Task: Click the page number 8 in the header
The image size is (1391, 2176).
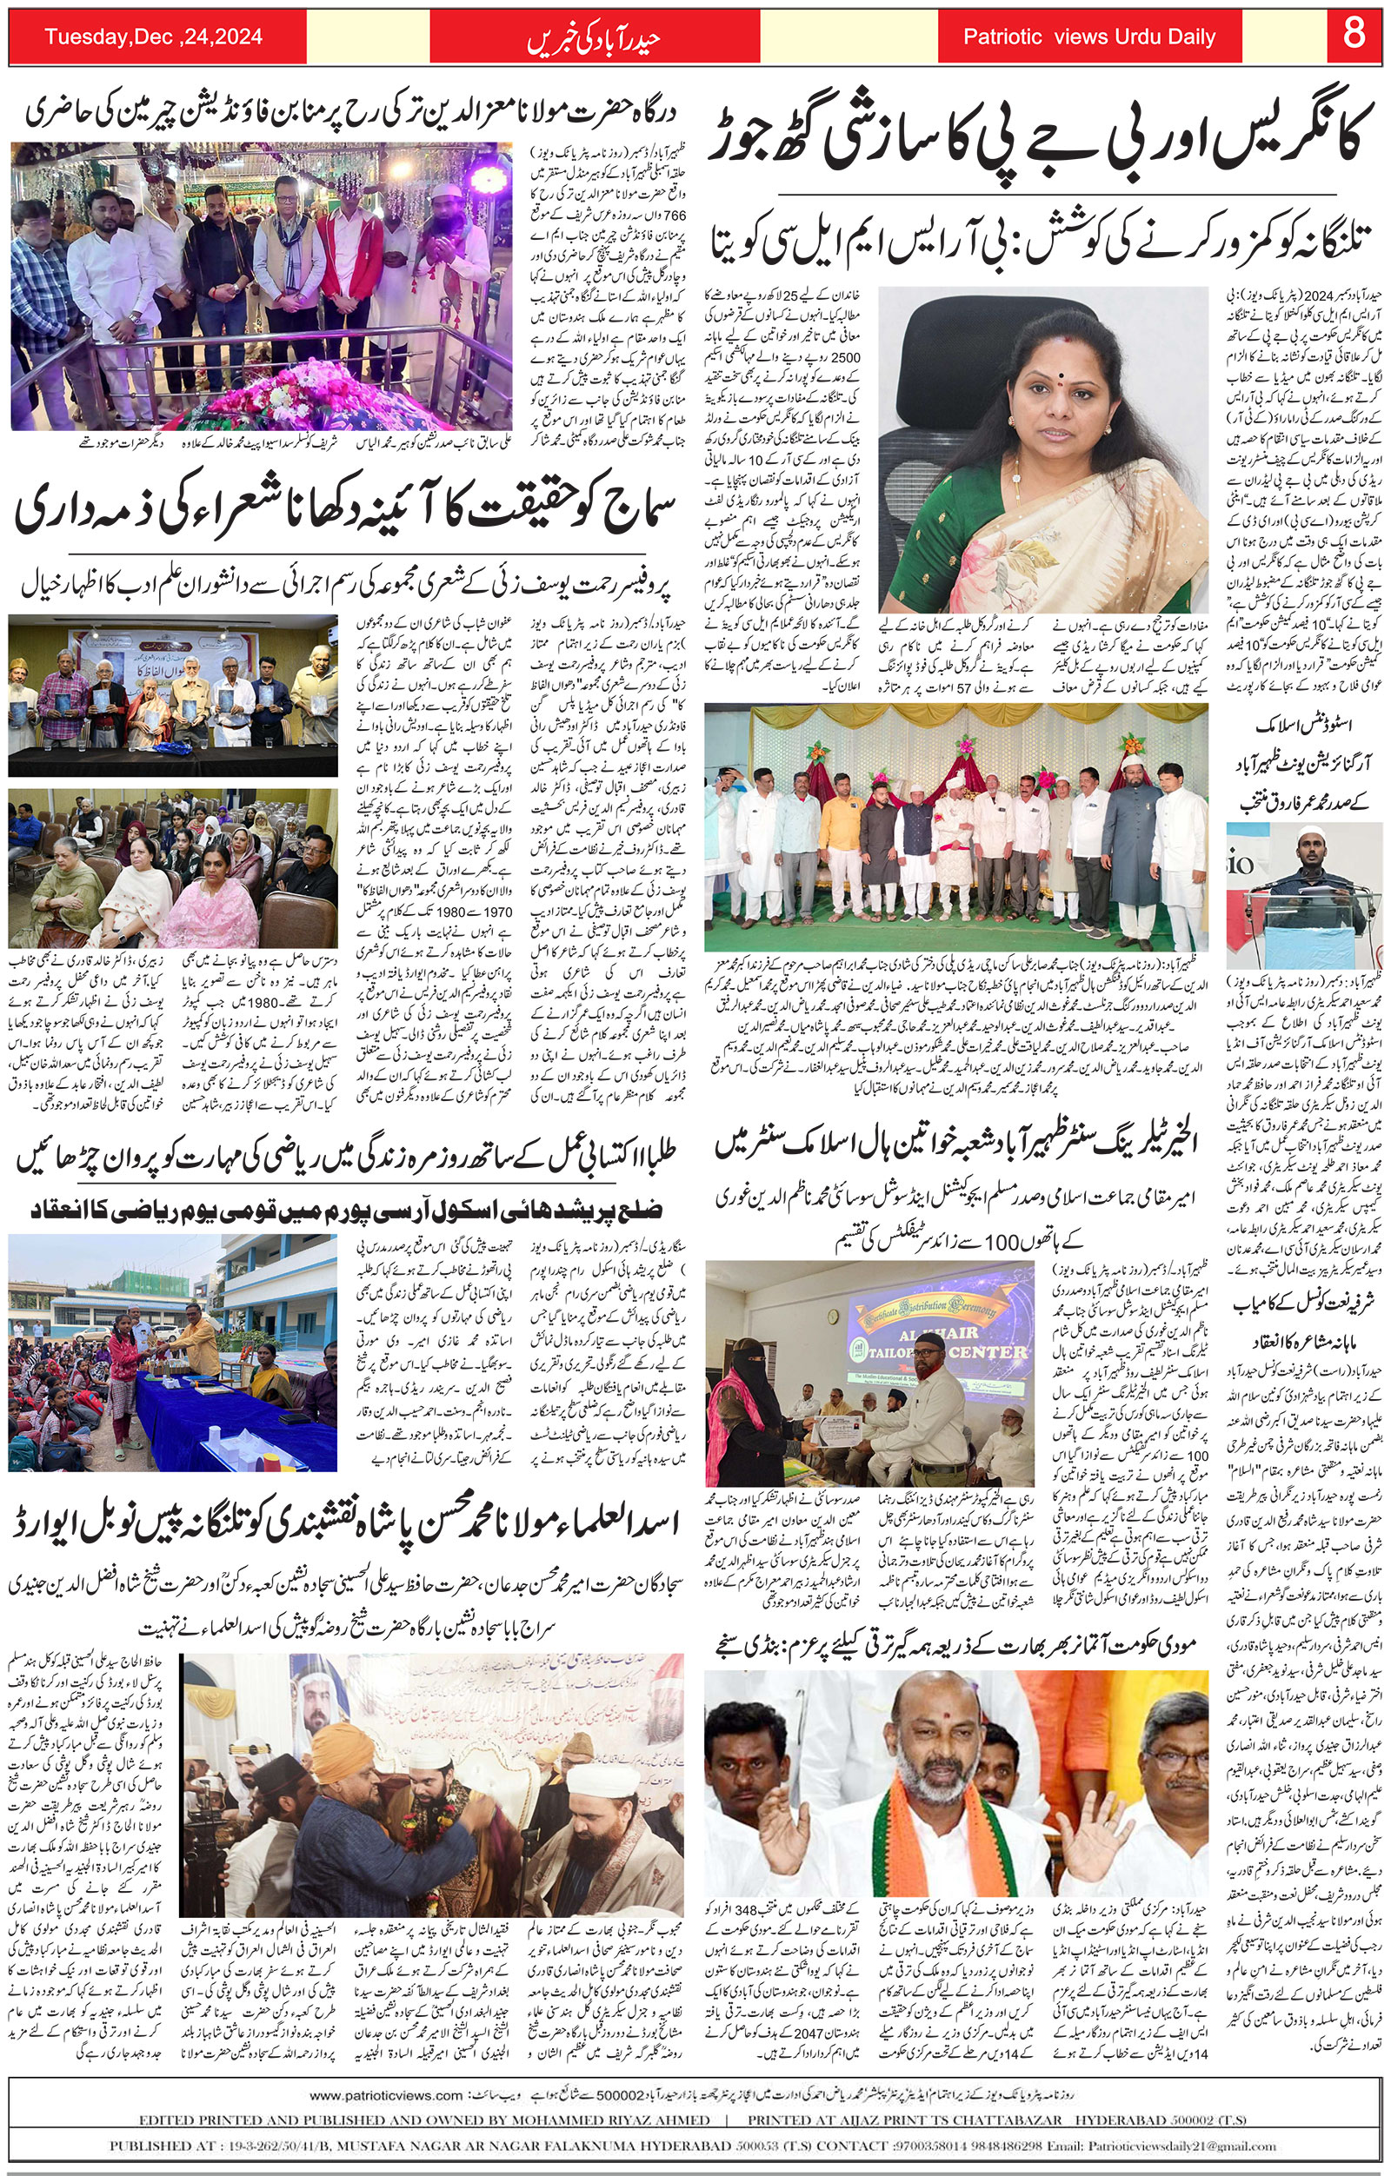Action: click(x=1353, y=36)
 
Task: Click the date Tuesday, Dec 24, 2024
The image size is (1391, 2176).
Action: click(x=154, y=37)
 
